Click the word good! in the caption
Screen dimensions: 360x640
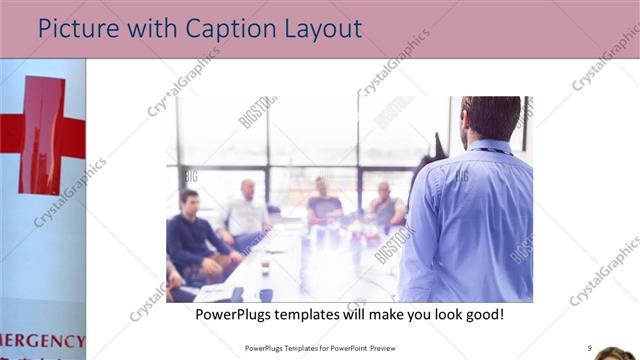point(480,314)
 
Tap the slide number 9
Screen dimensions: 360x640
point(589,348)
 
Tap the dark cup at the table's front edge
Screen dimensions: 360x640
point(265,295)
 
